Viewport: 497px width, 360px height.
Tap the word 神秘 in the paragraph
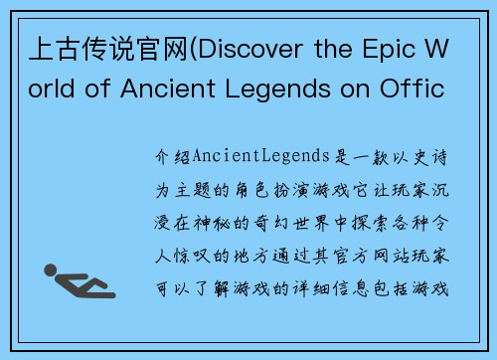pos(231,214)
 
